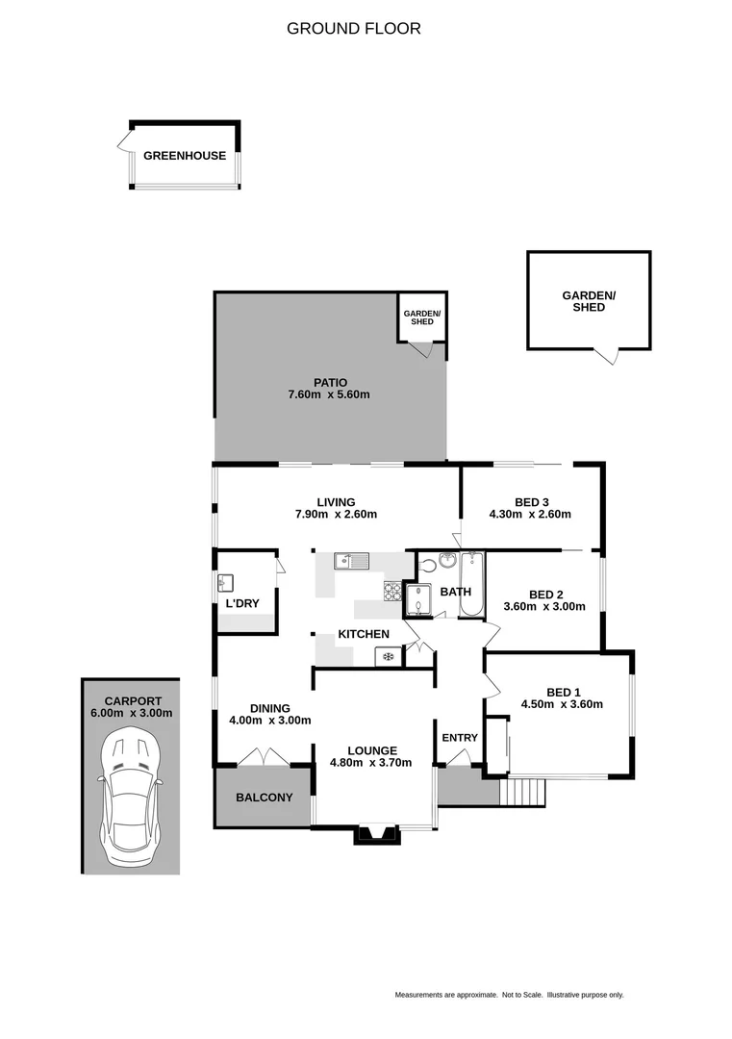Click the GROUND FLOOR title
coord(353,29)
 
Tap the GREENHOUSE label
coord(185,156)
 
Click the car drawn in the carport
coord(131,793)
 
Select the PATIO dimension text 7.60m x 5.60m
coord(329,394)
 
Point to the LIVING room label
coord(337,501)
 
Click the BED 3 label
coord(531,501)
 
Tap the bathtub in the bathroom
coord(472,586)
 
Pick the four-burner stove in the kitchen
coord(392,591)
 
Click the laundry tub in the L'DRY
coord(226,582)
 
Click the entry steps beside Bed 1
coord(523,792)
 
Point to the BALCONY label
coord(264,798)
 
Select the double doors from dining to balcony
coord(264,758)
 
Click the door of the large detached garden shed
coord(605,356)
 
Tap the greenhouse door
coord(125,144)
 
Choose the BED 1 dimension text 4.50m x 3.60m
coord(563,703)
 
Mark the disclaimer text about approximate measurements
coord(509,995)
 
